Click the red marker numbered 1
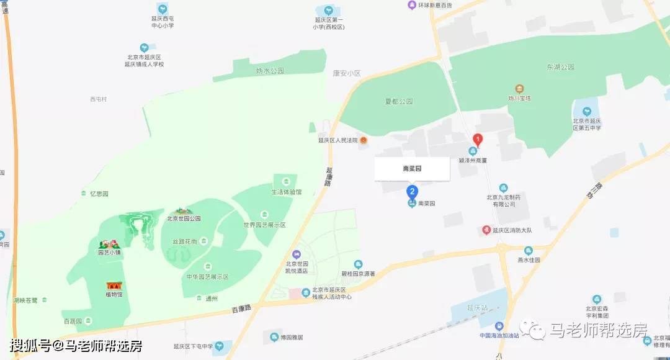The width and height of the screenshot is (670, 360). tap(478, 140)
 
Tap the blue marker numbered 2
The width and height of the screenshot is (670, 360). tap(412, 191)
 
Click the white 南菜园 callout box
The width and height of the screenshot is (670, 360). tap(411, 168)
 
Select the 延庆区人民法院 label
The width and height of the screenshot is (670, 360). tap(338, 140)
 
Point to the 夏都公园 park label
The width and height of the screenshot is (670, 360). tap(398, 101)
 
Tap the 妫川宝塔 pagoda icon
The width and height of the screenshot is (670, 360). tap(520, 88)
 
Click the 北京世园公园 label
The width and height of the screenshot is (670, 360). tap(184, 218)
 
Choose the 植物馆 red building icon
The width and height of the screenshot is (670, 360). tap(114, 286)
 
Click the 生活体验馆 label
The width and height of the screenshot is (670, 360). tap(286, 192)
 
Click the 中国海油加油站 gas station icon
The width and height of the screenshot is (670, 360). tap(499, 326)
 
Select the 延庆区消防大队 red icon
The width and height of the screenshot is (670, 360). tap(487, 230)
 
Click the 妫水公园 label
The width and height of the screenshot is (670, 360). tap(270, 71)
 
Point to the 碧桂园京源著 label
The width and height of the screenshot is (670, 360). tap(358, 274)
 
